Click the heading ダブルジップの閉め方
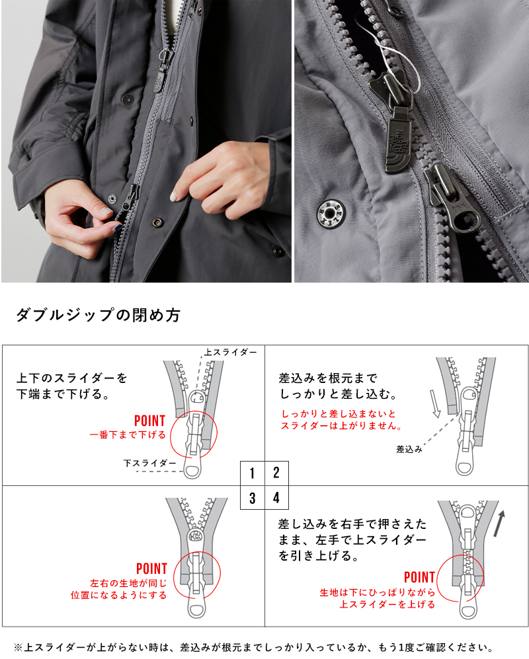click(98, 315)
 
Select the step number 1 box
click(253, 473)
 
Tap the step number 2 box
click(276, 473)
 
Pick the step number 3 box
click(253, 498)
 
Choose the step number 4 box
click(276, 498)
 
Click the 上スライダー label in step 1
click(230, 353)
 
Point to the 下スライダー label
click(149, 464)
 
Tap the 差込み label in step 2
click(409, 449)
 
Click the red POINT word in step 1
click(149, 421)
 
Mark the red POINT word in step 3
click(151, 569)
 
